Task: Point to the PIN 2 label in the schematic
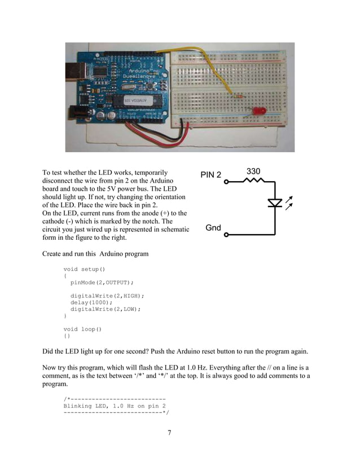[x=211, y=175]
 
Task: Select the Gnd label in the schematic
[x=213, y=228]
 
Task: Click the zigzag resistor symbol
[x=253, y=182]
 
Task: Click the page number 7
[x=169, y=433]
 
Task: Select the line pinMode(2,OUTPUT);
[x=102, y=282]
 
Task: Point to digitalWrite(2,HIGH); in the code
[x=107, y=296]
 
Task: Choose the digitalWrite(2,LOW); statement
[x=106, y=309]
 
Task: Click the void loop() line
[x=82, y=329]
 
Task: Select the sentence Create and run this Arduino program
[x=95, y=254]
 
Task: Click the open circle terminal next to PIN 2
[x=226, y=182]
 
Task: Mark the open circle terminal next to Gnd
[x=226, y=234]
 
